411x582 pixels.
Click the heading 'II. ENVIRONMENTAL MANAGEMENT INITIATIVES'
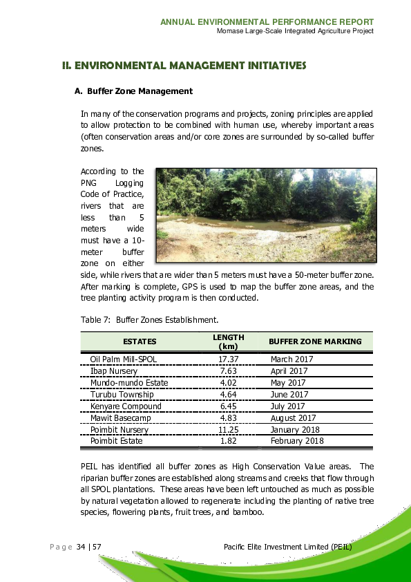pos(184,66)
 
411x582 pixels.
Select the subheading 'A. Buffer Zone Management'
pos(133,91)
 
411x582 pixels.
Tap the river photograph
pos(266,215)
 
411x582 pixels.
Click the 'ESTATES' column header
pos(140,341)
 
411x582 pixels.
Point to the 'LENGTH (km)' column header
pos(228,341)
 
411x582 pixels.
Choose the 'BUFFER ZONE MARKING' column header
pos(315,341)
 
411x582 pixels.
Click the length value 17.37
pos(228,359)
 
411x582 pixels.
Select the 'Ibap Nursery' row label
pos(114,371)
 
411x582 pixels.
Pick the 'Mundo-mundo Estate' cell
pos(129,383)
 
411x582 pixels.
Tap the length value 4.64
pos(228,395)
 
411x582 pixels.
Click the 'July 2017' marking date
pos(287,406)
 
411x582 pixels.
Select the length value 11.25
pos(228,429)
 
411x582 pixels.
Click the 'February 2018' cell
pos(297,441)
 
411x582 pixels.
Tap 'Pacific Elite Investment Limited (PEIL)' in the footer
pos(289,547)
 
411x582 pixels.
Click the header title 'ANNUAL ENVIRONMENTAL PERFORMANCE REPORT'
pos(267,22)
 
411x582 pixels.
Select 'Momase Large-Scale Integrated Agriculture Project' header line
pos(295,31)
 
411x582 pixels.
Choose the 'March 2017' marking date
pos(291,359)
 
